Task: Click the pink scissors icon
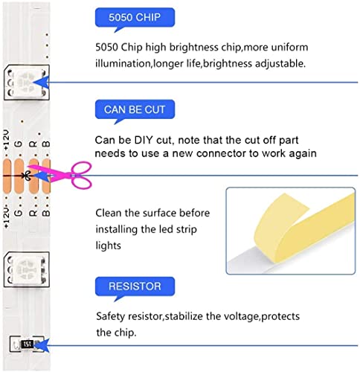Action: point(62,174)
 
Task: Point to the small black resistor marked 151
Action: point(28,344)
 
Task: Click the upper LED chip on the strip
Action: point(27,83)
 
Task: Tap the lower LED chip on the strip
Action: point(27,269)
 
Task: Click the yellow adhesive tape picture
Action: point(291,231)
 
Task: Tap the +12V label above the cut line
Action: point(7,140)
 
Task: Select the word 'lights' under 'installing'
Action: point(109,246)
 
